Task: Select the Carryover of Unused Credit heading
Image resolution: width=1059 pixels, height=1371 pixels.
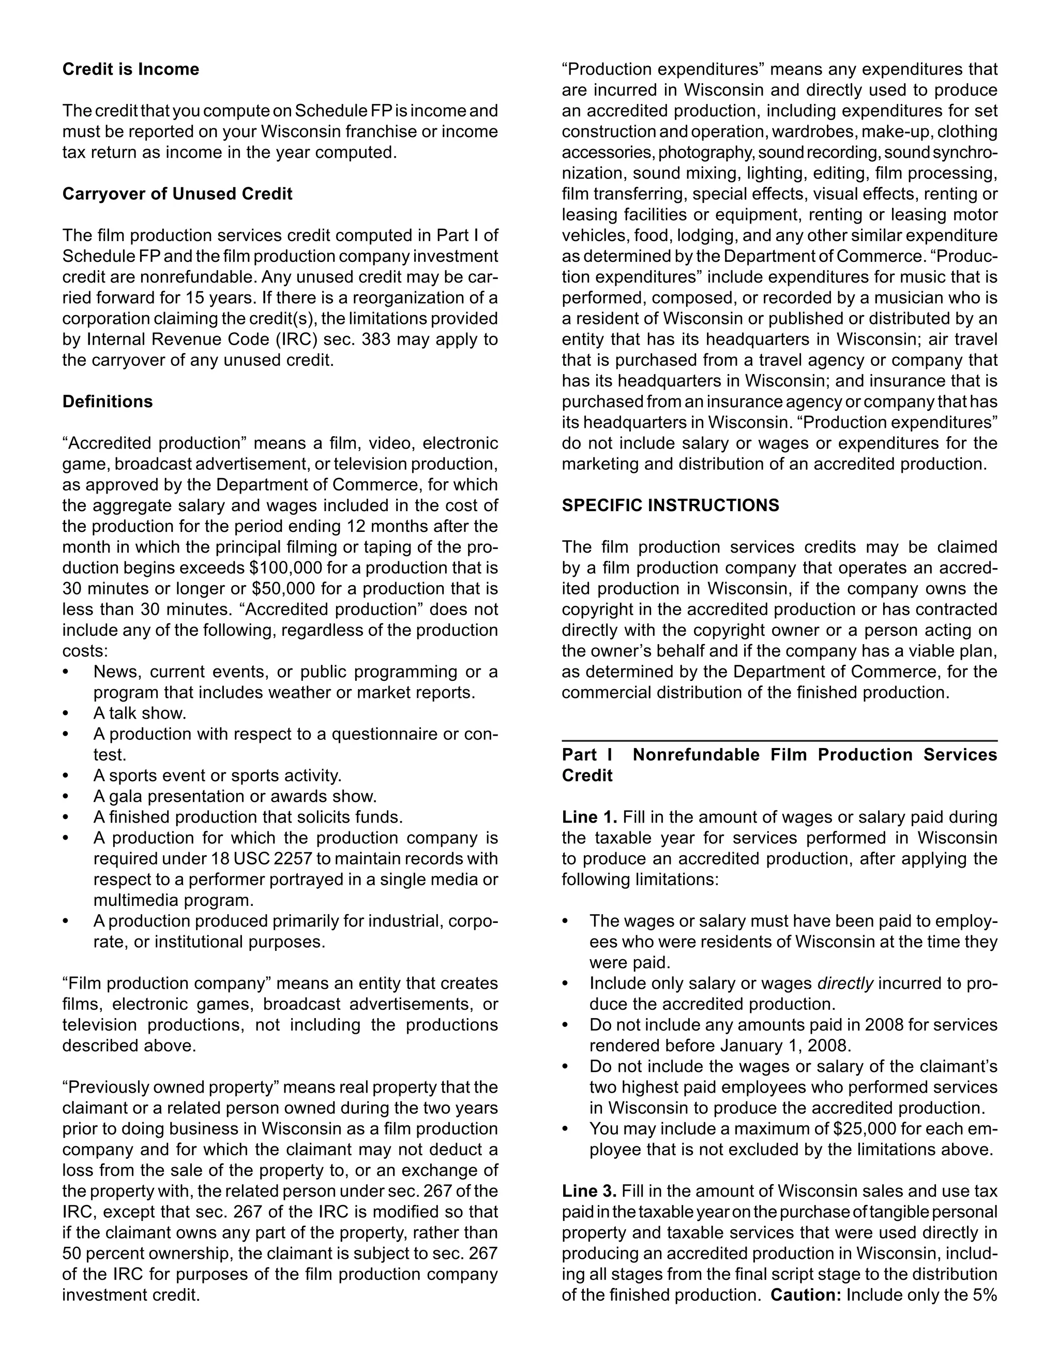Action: [x=177, y=194]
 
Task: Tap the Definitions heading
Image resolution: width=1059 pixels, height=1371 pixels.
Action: [x=107, y=402]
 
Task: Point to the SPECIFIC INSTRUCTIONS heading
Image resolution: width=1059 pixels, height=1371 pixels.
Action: [x=670, y=505]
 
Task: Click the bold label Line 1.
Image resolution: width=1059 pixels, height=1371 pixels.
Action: [x=589, y=817]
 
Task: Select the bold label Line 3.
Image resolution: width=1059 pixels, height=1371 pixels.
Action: [x=589, y=1191]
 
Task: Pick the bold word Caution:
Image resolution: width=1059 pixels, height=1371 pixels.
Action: [x=806, y=1295]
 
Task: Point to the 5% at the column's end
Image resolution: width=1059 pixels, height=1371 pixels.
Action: [x=985, y=1295]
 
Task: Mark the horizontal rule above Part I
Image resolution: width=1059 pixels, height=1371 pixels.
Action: [x=779, y=741]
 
